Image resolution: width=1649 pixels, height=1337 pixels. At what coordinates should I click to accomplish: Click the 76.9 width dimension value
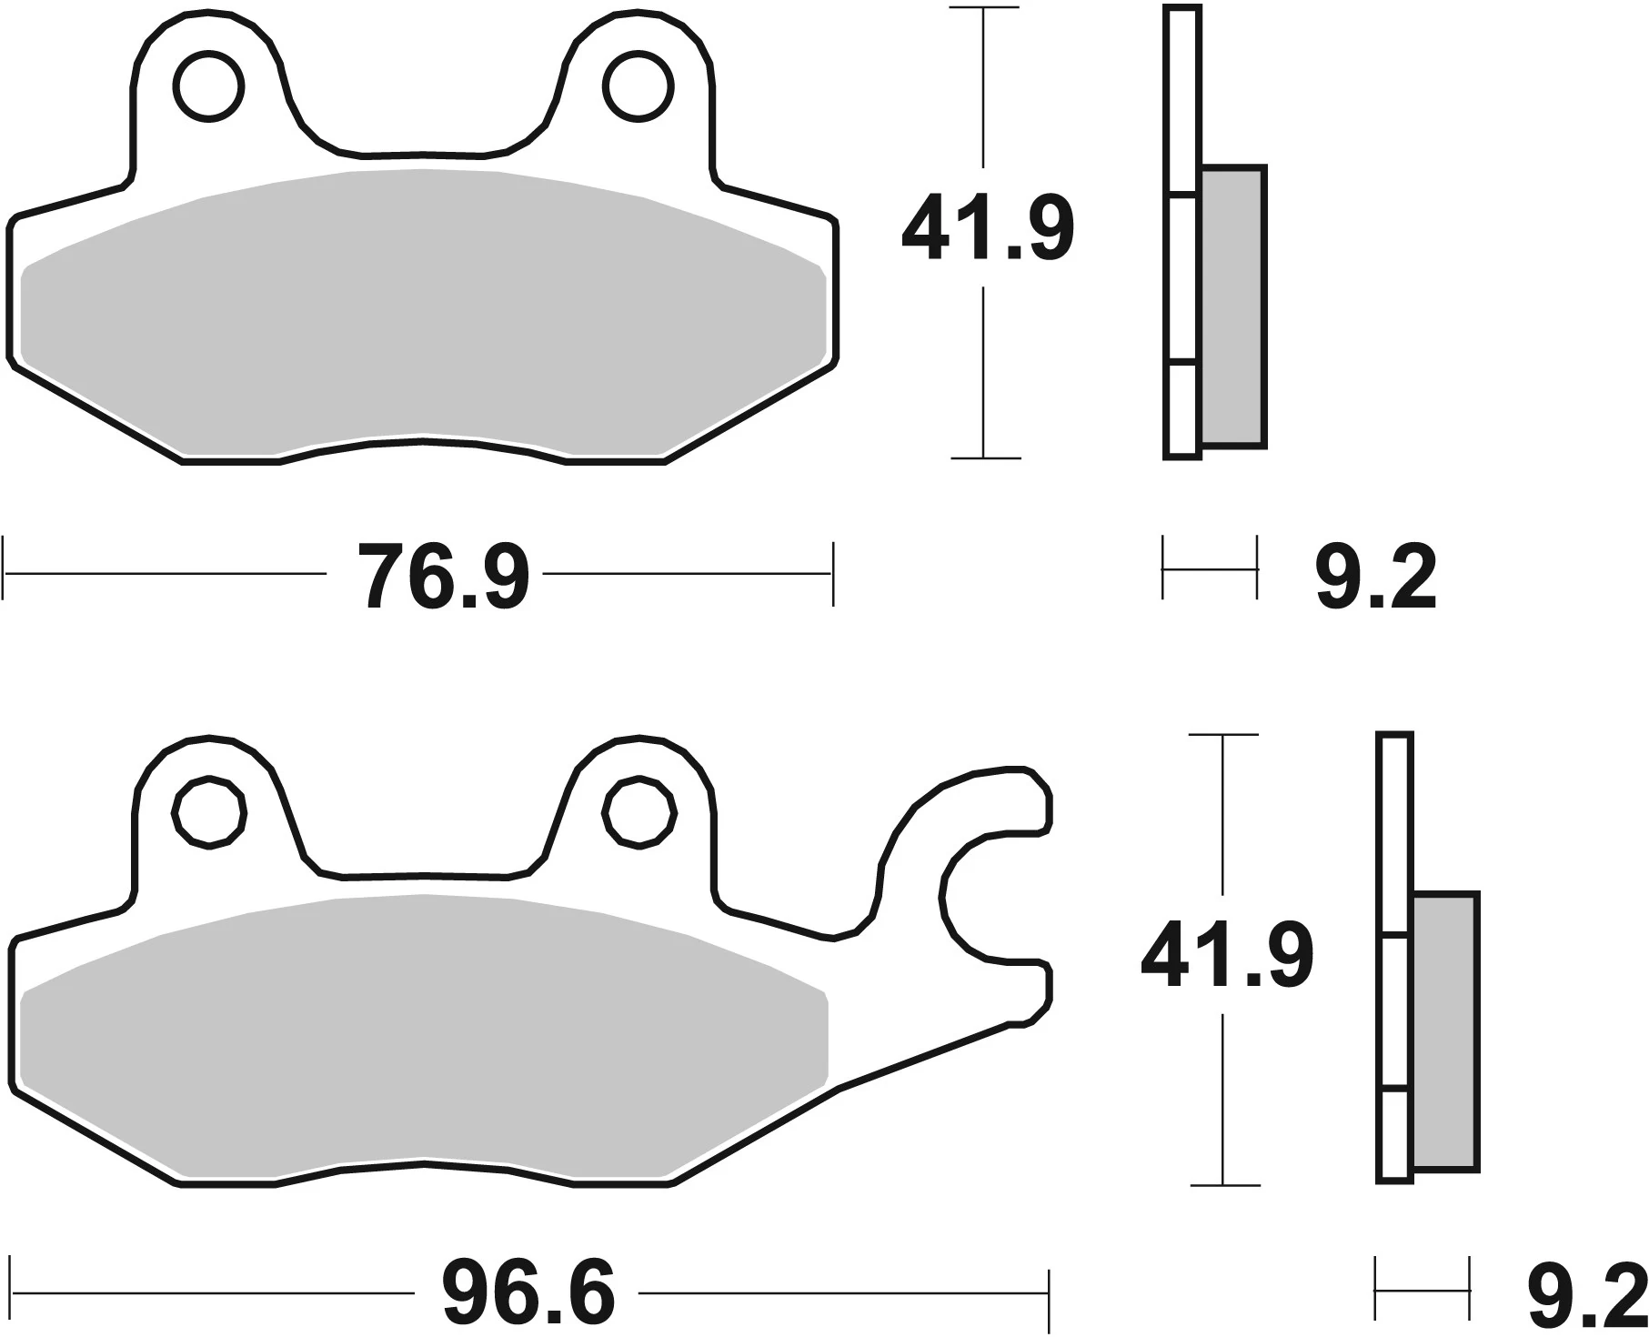[x=443, y=577]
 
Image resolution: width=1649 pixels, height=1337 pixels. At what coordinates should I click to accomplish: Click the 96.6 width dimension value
[x=528, y=1293]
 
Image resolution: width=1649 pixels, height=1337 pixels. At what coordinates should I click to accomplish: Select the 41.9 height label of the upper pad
[x=987, y=227]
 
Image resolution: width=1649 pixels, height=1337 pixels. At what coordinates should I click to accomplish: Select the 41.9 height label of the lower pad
[x=1226, y=956]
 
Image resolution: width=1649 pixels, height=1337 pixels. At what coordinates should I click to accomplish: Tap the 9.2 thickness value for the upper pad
[x=1375, y=578]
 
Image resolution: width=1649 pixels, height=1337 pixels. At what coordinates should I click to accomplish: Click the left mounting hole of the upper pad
[x=209, y=87]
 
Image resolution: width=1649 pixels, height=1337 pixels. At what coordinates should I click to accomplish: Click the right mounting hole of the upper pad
[x=641, y=87]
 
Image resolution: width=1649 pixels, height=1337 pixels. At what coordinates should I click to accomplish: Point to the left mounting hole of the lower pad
[x=209, y=813]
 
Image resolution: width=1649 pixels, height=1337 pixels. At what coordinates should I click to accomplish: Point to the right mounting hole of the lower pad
[x=640, y=812]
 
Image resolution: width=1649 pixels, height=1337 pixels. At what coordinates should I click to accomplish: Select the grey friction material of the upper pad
[x=423, y=309]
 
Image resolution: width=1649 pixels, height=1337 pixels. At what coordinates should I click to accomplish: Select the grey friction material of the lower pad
[x=423, y=1028]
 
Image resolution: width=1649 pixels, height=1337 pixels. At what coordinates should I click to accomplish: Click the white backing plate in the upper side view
[x=1182, y=273]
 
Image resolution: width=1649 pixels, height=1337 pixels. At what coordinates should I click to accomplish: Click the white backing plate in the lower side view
[x=1395, y=1000]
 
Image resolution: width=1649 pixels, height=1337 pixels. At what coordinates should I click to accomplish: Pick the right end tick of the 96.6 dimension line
[x=1049, y=1292]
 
